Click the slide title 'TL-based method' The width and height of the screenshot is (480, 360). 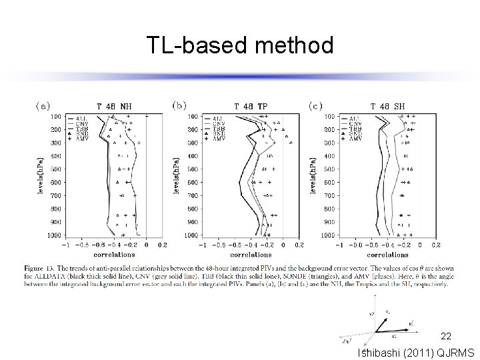click(240, 45)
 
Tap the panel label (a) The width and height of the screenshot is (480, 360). click(43, 105)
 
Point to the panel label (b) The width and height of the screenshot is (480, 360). click(179, 105)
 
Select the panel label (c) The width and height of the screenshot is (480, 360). click(316, 105)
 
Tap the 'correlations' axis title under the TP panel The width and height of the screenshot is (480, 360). click(250, 255)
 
